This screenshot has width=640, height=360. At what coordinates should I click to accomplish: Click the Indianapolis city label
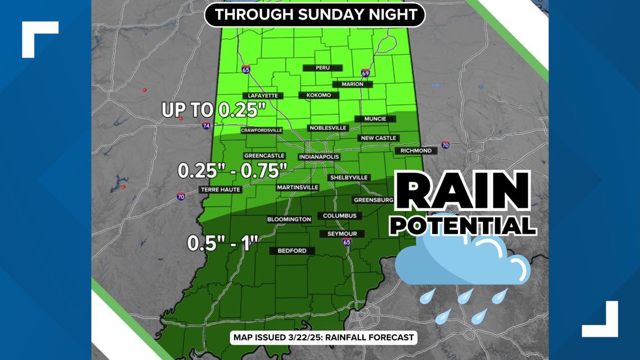318,157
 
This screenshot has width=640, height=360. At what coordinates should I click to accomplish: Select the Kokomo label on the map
319,95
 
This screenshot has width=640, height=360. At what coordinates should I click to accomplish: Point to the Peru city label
322,67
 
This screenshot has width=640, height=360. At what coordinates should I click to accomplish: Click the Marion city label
352,84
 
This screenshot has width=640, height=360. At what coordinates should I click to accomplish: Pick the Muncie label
374,119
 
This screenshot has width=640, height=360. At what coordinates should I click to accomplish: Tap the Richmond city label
416,151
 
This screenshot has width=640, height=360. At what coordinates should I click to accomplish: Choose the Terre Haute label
221,190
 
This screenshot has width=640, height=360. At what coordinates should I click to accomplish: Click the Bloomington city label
289,219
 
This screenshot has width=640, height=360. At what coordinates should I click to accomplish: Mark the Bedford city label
292,250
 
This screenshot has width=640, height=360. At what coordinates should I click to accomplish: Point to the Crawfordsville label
261,130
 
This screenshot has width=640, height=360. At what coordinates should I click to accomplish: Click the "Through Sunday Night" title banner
314,15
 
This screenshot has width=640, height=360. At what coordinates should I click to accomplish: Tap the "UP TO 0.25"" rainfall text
213,110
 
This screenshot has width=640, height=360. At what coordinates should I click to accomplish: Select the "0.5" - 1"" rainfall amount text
222,243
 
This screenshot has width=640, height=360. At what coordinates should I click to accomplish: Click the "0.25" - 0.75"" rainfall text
232,170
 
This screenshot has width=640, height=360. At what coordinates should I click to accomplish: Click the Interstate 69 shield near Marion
365,73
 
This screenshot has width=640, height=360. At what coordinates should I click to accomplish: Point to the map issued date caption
323,338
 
